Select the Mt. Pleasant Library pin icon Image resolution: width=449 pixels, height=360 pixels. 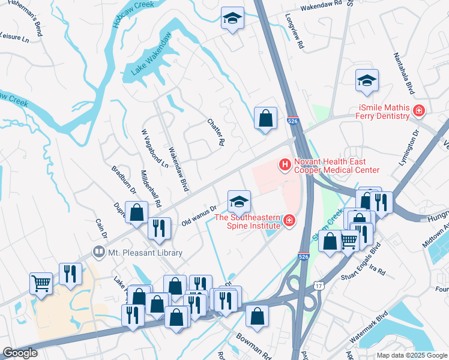[97, 252]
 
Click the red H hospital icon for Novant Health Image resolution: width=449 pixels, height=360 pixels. [285, 163]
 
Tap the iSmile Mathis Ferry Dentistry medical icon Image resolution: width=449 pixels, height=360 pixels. [418, 111]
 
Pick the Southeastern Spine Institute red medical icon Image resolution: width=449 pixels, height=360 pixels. [289, 221]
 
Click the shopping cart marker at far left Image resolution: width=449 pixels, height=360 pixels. [41, 283]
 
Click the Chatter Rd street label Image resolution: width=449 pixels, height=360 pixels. [215, 133]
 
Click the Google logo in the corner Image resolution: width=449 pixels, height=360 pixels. [19, 353]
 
